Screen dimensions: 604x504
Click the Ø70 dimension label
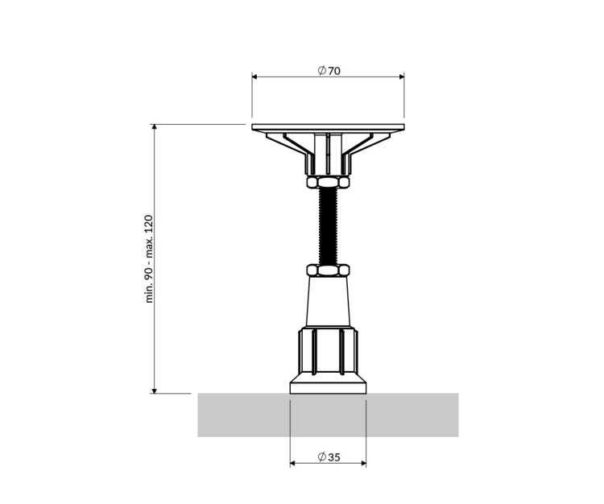coord(329,71)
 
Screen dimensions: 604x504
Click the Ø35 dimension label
coord(329,457)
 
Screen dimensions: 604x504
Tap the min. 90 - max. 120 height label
coord(150,259)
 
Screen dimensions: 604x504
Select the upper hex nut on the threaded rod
coord(329,182)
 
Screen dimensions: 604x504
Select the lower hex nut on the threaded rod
coord(329,270)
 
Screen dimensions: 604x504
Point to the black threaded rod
coord(329,226)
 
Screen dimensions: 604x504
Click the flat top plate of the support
coord(329,127)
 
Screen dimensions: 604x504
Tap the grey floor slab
coord(329,415)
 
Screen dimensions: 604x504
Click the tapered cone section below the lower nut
coord(329,301)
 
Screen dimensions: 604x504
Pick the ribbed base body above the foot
coord(329,350)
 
